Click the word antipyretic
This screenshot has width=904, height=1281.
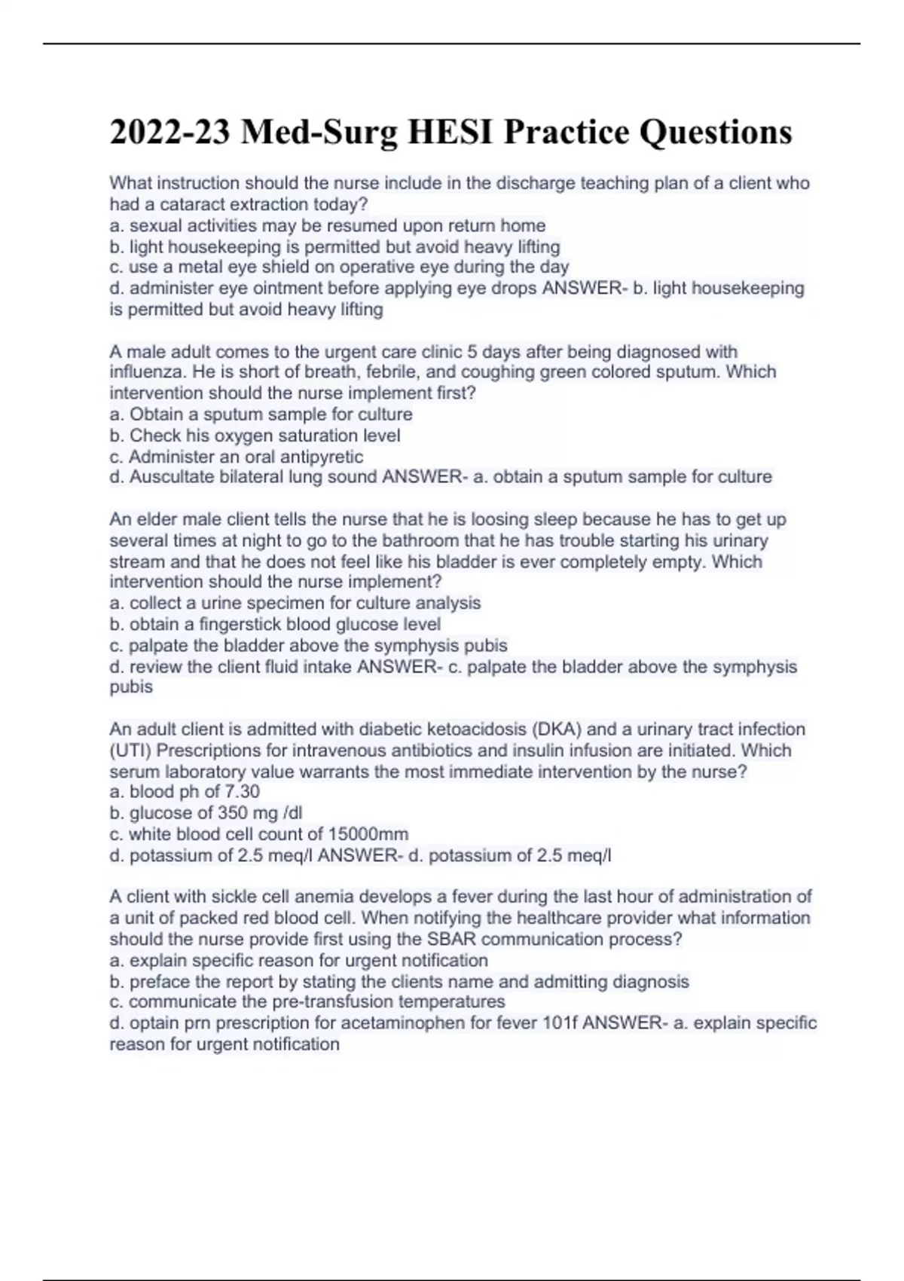pos(322,457)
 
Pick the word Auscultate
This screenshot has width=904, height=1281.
pos(167,477)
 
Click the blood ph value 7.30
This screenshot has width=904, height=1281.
pos(243,792)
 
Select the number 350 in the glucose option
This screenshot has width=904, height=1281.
pos(233,813)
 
